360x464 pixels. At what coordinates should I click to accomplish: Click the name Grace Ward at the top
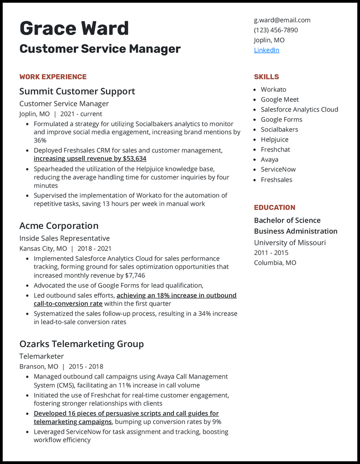74,29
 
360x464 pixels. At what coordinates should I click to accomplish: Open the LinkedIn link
266,50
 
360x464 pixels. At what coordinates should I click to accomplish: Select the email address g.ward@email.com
282,20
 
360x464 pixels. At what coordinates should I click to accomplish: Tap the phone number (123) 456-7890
275,30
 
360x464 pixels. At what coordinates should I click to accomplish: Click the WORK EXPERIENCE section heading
53,77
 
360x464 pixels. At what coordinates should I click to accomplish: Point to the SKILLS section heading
266,77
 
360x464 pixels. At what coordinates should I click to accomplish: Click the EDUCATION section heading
274,208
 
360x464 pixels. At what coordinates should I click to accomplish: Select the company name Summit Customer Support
77,91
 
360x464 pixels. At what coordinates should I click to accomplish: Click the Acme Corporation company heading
58,226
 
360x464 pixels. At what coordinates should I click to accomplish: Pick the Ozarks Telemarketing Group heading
81,344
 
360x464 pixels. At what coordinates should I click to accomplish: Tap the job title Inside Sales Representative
64,238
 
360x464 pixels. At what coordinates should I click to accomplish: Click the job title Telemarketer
41,357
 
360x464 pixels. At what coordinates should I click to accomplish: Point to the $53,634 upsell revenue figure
135,159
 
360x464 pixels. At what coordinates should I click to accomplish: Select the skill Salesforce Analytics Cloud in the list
299,109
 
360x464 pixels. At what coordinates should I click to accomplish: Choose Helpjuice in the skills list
274,139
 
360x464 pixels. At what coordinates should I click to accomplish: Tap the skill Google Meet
279,99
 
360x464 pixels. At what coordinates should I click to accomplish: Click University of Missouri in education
290,243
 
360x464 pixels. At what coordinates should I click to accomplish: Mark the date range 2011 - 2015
271,253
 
